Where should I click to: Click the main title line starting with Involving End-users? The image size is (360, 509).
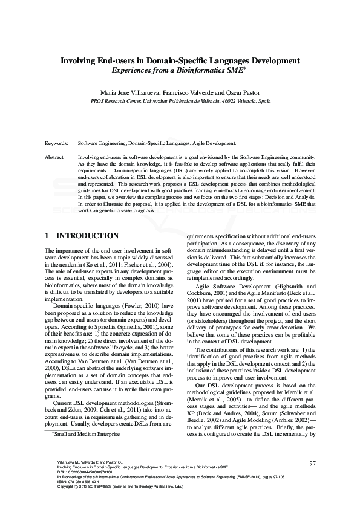coord(180,60)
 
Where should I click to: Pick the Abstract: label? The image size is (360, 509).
coord(56,157)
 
